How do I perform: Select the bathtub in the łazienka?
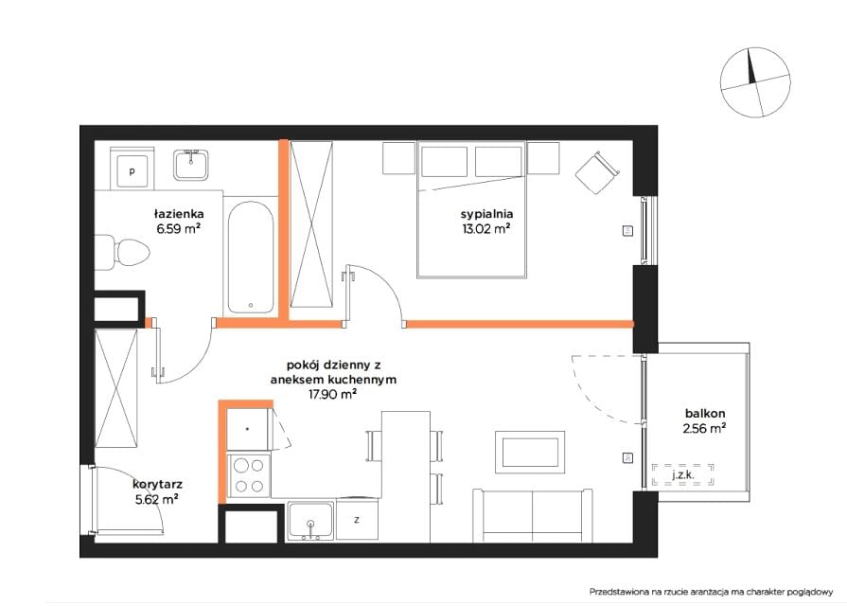[250, 258]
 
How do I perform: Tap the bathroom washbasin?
[191, 165]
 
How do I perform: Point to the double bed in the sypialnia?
[471, 209]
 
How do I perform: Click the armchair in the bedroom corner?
[597, 172]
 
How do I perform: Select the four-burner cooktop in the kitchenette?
[249, 475]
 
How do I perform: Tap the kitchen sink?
[310, 521]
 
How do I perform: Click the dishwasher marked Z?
[357, 520]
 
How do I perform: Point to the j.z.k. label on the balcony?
[682, 475]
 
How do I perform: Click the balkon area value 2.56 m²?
[704, 429]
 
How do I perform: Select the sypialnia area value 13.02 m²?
[486, 228]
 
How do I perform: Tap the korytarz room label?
[157, 485]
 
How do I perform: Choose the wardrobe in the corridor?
[116, 388]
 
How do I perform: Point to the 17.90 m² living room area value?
[332, 394]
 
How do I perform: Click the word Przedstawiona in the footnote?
[620, 592]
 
